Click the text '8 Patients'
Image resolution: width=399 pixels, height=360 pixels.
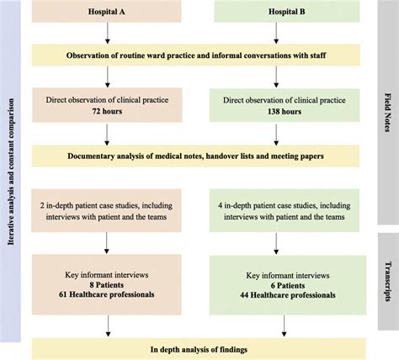[108, 284]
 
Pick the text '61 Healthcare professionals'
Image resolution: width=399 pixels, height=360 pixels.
[108, 296]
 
